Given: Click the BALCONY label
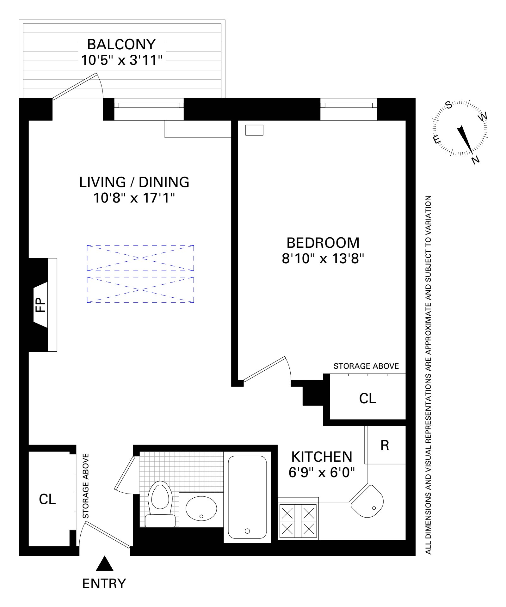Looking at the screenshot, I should coord(121,44).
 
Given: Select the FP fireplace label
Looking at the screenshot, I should coord(40,305).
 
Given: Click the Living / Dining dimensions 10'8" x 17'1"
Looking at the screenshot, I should coord(134,198).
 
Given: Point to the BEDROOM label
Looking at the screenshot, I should coord(323,243).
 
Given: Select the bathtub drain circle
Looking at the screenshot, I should coord(247,531).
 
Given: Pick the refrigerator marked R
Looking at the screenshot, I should coord(385,446).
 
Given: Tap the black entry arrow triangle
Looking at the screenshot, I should coord(105,563).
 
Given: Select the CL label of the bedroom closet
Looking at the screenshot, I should coord(367,398).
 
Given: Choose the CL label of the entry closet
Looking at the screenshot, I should coord(47,499).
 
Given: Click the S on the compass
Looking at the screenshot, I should coord(448,106).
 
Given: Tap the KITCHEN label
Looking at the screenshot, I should coord(321,457).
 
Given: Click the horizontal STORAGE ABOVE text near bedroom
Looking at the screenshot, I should coord(366,366).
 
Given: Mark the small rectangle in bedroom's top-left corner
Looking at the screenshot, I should coord(255,130).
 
